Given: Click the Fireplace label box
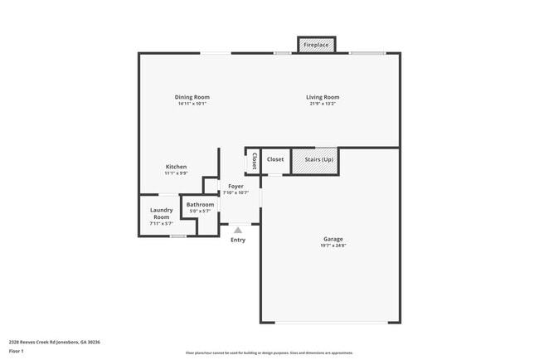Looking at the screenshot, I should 317,45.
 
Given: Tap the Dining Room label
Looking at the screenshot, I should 192,97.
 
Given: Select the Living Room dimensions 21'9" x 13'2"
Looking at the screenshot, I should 323,105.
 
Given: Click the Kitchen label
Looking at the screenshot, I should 176,167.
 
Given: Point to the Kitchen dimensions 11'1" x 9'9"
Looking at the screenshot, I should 176,173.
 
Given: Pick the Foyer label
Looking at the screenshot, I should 236,186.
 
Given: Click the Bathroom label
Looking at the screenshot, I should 200,204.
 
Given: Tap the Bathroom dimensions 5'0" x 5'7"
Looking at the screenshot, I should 200,212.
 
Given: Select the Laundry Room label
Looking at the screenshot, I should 161,213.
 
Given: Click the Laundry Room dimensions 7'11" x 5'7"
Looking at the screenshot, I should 161,223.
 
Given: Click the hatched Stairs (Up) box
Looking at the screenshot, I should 315,160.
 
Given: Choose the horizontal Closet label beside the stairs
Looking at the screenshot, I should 275,159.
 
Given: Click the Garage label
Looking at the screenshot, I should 333,240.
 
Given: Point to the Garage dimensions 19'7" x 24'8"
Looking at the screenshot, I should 333,246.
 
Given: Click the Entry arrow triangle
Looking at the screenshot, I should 238,230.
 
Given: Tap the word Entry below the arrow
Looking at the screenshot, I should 238,240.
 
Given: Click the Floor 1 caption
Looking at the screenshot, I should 17,351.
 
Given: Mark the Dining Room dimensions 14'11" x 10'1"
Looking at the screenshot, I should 192,105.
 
